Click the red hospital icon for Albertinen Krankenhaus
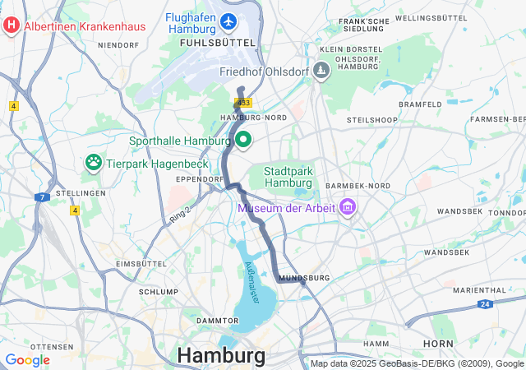[12, 25]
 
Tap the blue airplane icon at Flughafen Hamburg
[228, 20]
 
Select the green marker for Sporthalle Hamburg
[244, 141]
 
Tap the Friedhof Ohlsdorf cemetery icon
[321, 72]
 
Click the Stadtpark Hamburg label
[288, 176]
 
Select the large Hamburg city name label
[221, 356]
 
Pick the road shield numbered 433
[243, 103]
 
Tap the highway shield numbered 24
[486, 304]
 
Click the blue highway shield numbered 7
[40, 197]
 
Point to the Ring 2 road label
[179, 212]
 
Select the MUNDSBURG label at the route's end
[304, 278]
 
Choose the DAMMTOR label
[217, 320]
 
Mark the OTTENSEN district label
[52, 347]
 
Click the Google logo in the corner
[27, 360]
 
